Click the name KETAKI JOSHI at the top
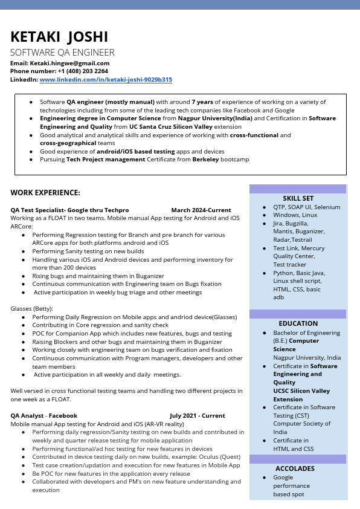(59, 37)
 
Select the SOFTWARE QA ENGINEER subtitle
(62, 53)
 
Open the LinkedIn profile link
(106, 79)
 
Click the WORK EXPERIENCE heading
(45, 192)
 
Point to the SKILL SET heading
(298, 198)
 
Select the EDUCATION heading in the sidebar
(298, 323)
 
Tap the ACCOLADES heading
(295, 468)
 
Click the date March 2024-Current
(201, 210)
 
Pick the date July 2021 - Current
(197, 415)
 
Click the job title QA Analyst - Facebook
(44, 415)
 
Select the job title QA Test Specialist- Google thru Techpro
(69, 210)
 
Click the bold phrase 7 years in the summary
(202, 102)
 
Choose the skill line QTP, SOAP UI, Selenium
(306, 207)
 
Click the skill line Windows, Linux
(295, 215)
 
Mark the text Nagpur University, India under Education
(306, 357)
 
